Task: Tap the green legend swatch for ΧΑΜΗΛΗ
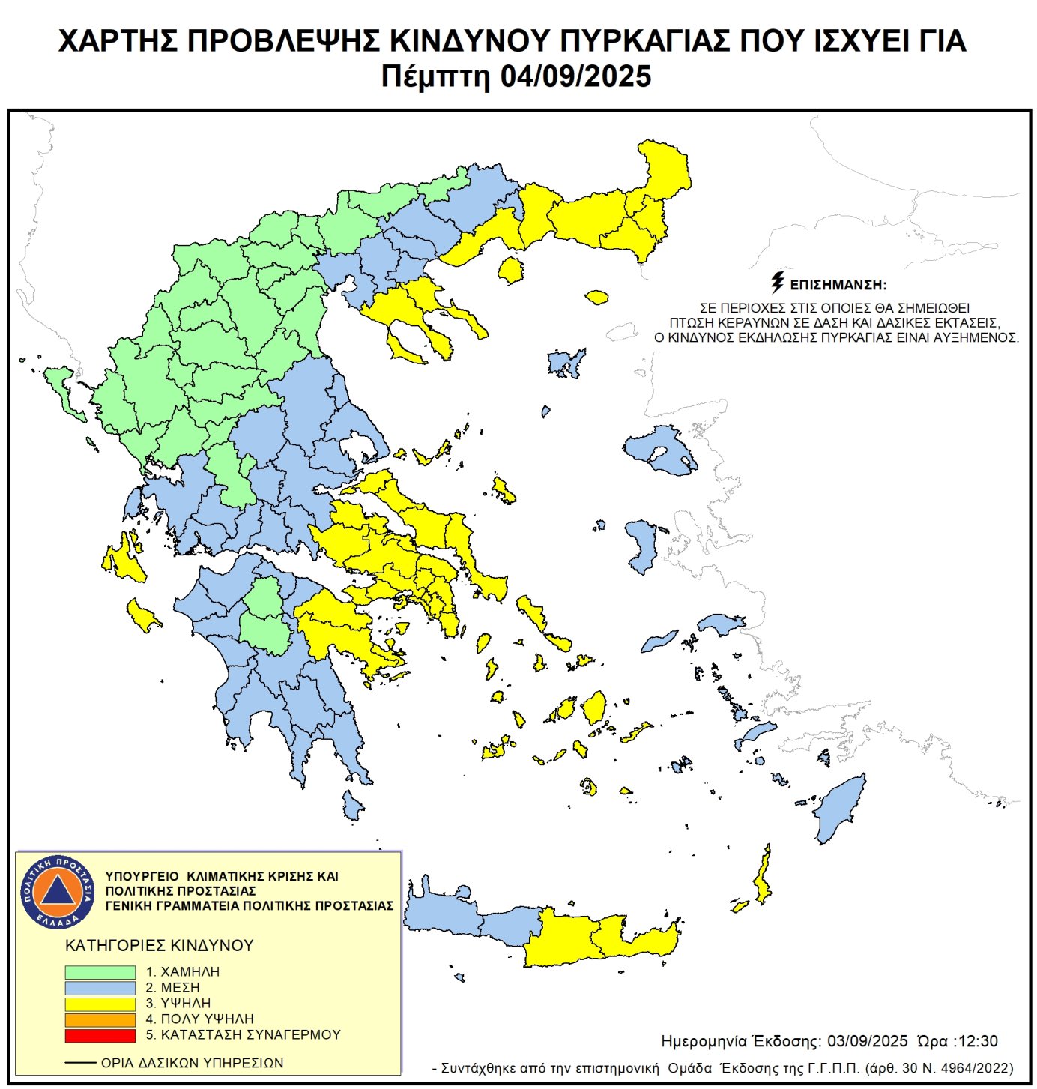point(100,971)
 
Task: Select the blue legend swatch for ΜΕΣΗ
point(100,988)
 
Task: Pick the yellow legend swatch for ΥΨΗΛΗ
point(100,1004)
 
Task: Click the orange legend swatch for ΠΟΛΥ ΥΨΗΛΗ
point(100,1019)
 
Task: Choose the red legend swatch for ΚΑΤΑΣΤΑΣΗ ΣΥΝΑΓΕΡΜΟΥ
point(100,1035)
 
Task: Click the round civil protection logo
point(57,891)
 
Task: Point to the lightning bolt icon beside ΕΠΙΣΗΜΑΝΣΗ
point(778,283)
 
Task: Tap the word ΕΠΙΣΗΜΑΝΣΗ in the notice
point(838,286)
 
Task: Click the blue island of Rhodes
point(839,809)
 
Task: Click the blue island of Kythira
point(352,806)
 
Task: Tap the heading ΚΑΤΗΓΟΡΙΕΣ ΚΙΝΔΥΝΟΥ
point(160,946)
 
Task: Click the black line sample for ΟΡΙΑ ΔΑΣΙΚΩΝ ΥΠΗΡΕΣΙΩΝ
point(80,1063)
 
